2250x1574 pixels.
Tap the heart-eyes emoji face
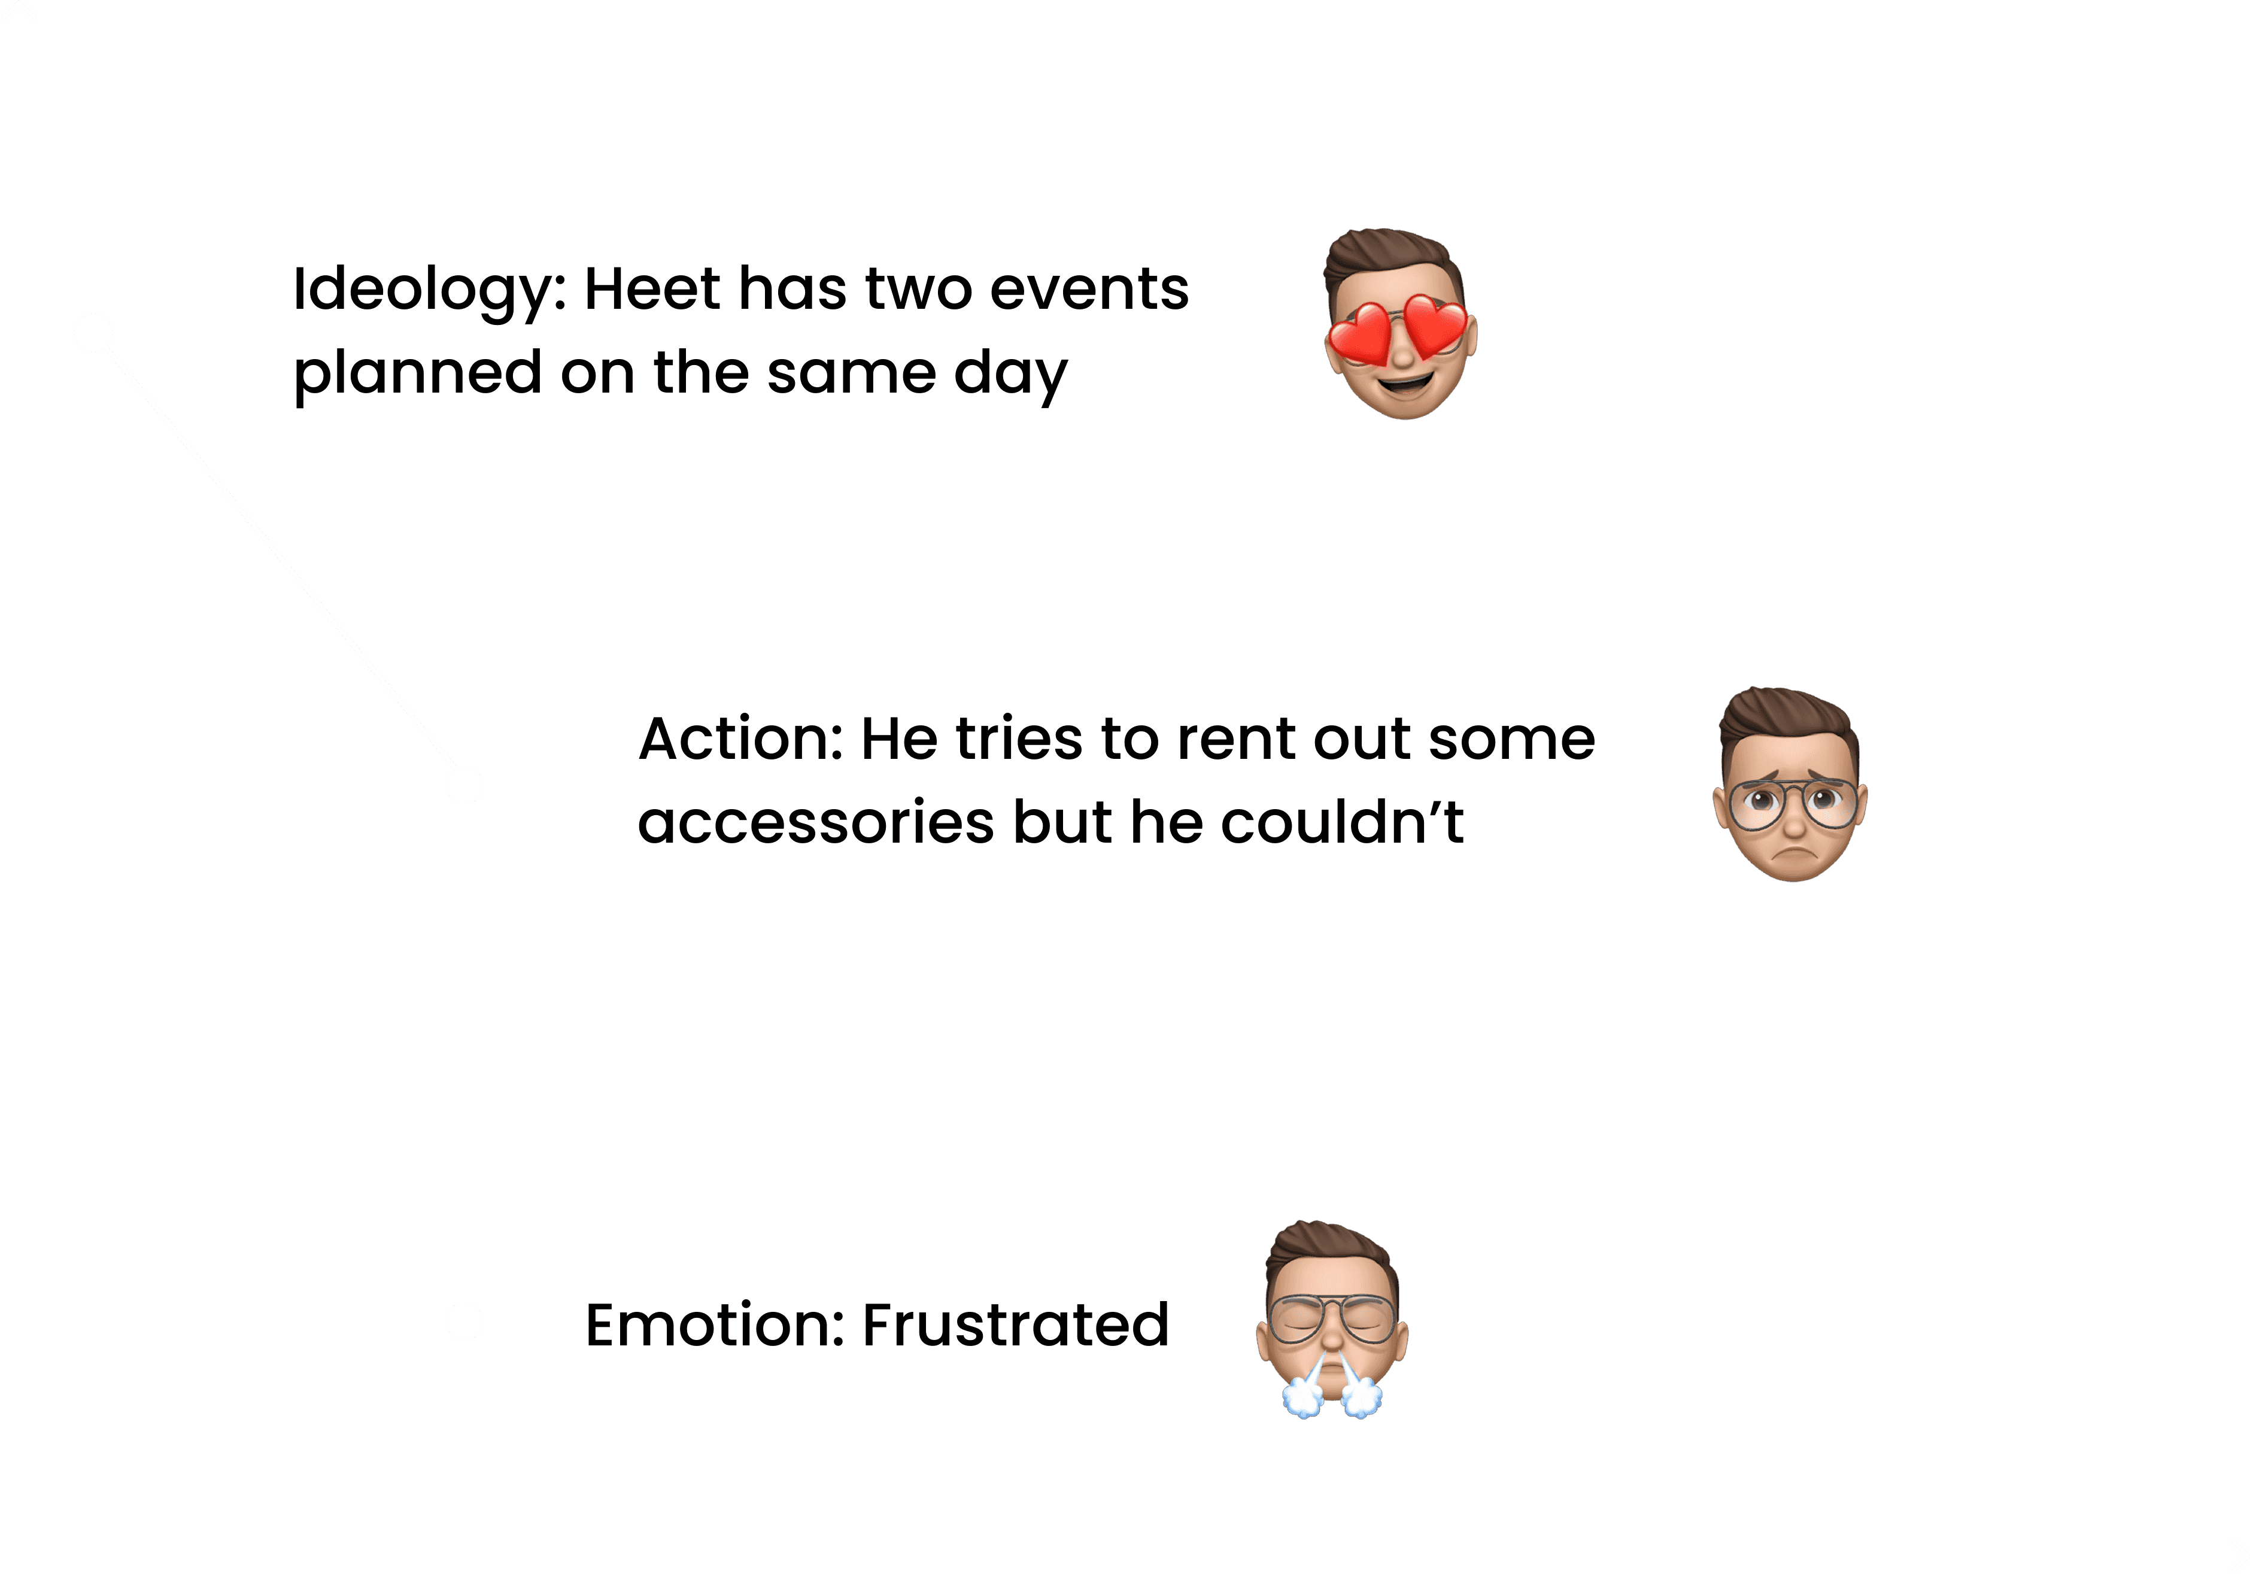pyautogui.click(x=1399, y=326)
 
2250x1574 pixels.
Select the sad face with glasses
pyautogui.click(x=1790, y=786)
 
